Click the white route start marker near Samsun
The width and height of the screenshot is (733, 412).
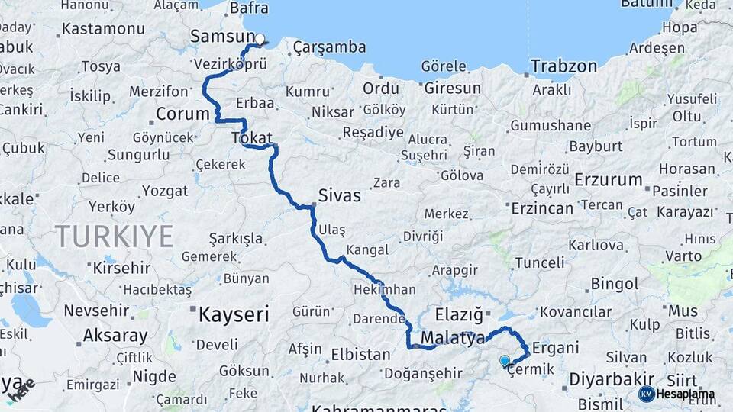pos(260,39)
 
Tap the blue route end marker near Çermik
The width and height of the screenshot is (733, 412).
pos(504,360)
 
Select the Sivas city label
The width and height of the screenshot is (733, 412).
pos(341,195)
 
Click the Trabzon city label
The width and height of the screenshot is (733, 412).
pos(564,66)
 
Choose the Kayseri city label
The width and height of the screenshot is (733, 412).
pos(234,314)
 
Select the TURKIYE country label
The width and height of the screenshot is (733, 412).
pos(114,237)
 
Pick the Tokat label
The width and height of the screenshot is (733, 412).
pos(251,137)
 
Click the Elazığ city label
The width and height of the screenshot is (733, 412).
pos(459,314)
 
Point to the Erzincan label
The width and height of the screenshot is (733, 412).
pos(542,208)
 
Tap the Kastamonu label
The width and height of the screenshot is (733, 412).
pos(103,29)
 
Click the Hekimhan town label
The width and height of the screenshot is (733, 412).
pos(385,290)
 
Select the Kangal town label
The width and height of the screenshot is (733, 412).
pos(367,250)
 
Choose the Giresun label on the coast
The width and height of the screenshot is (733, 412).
pos(453,88)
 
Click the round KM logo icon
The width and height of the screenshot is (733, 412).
pos(646,394)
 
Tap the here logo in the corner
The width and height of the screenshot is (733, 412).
pos(20,389)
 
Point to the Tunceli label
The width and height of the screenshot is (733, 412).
pos(540,262)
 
